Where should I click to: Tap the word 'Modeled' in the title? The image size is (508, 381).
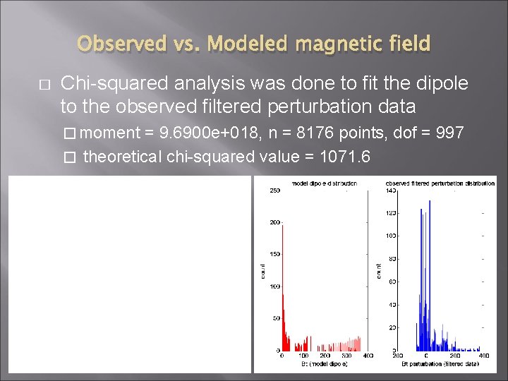click(x=250, y=44)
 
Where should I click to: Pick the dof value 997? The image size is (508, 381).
click(x=449, y=132)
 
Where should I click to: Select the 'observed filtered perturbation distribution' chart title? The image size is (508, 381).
click(x=440, y=183)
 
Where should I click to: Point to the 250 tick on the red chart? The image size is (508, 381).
click(x=274, y=190)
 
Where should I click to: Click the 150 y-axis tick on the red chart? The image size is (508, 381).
click(x=274, y=254)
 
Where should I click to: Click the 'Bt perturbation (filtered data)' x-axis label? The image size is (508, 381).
click(x=440, y=363)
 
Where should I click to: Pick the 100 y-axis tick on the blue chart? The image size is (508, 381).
click(x=390, y=236)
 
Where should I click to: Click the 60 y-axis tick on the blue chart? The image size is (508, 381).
click(x=392, y=282)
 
